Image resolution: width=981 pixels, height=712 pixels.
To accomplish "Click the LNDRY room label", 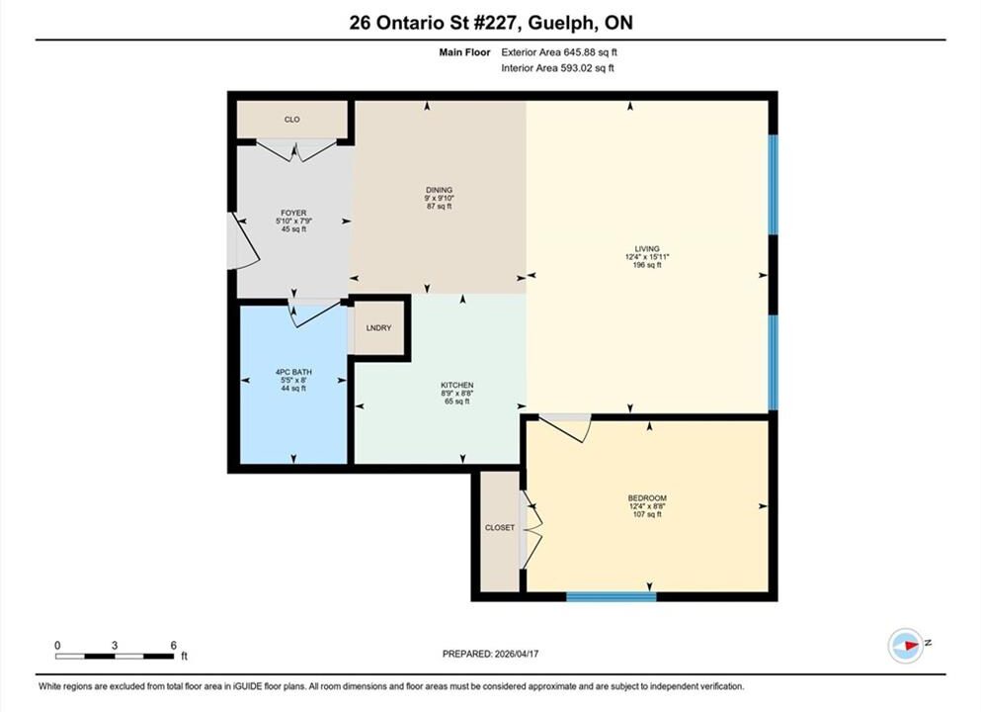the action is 378,328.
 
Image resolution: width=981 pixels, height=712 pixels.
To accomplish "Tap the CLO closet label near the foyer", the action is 292,120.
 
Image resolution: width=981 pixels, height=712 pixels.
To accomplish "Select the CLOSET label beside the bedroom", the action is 500,528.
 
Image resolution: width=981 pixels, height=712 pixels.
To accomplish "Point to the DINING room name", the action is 440,190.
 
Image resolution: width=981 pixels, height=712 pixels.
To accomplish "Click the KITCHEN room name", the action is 457,385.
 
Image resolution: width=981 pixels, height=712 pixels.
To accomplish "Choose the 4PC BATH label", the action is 293,372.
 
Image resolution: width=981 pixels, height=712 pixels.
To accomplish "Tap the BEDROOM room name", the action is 647,498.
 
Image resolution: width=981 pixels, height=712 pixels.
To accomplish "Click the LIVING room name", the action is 647,248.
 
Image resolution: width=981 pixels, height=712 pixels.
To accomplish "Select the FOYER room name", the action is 293,213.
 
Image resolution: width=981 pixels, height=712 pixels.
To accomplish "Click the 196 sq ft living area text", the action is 647,265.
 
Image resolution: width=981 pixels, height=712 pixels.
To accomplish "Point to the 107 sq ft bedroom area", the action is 647,515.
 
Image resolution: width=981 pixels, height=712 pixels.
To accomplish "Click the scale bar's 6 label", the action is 173,645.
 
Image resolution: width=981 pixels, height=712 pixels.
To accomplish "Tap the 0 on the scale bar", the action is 57,645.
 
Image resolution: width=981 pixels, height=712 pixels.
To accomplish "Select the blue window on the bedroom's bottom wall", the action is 612,596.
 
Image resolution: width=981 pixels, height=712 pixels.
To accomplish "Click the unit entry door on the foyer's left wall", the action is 244,241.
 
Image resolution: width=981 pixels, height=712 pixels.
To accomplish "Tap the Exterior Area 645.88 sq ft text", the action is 559,52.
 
